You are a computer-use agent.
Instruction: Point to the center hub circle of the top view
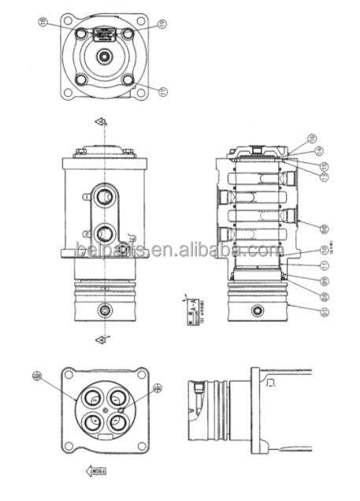(x=104, y=57)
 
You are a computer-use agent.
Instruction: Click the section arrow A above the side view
(x=101, y=122)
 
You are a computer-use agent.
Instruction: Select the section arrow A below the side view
(x=101, y=339)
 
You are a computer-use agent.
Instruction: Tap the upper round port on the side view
(x=104, y=193)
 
